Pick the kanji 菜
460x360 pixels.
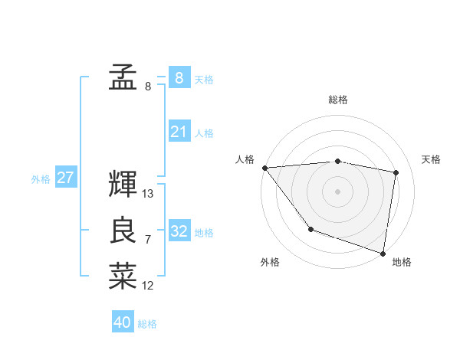click(x=123, y=277)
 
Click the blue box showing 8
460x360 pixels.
click(x=179, y=77)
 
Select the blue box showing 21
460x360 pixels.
click(x=179, y=132)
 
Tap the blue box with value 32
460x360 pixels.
click(x=179, y=231)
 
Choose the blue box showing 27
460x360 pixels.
click(x=65, y=178)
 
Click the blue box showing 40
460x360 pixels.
click(x=123, y=322)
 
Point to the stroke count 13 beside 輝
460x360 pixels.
click(x=148, y=194)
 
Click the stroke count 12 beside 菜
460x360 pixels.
click(x=148, y=286)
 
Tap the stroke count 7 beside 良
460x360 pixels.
click(x=148, y=240)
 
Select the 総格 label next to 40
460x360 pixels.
click(x=147, y=324)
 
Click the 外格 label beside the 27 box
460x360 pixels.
click(x=41, y=179)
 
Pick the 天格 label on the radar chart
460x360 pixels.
click(x=432, y=159)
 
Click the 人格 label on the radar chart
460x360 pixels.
click(x=245, y=159)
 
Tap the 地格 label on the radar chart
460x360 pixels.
click(x=402, y=262)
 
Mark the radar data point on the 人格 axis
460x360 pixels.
click(x=264, y=168)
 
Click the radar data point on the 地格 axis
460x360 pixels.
click(x=383, y=252)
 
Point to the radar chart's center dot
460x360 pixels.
click(x=337, y=191)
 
